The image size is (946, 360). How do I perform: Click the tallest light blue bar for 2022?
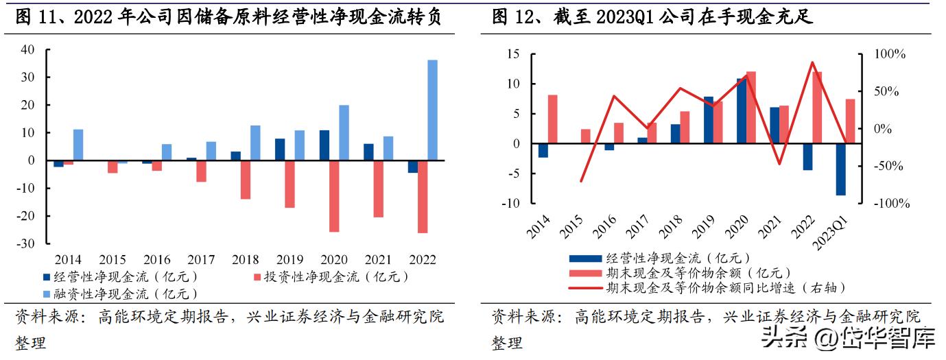point(432,110)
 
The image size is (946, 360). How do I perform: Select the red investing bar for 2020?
point(334,195)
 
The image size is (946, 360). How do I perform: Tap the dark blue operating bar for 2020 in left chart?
point(324,145)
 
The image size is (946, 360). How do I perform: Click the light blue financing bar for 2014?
point(78,145)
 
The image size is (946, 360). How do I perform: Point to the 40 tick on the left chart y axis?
point(28,49)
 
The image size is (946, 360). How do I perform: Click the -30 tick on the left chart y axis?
point(26,243)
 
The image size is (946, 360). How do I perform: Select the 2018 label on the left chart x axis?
point(245,260)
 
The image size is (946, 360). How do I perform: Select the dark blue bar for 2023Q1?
point(840,169)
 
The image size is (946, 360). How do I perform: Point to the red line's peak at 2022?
point(812,62)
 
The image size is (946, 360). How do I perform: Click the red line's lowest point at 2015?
point(581,182)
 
